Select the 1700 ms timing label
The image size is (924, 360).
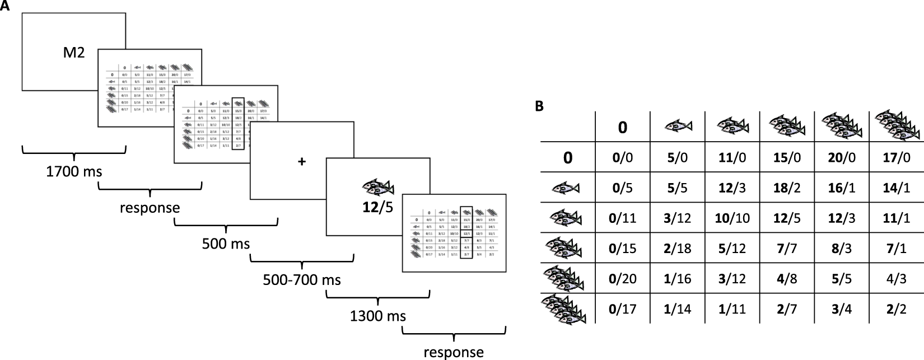[x=74, y=171]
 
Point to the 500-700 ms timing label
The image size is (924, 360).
[x=302, y=279]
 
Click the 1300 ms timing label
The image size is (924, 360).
[x=378, y=316]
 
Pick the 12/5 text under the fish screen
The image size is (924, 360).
[x=377, y=207]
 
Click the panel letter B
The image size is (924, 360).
[x=539, y=106]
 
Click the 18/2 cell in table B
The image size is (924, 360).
[x=786, y=188]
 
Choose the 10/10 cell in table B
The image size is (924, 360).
[x=732, y=218]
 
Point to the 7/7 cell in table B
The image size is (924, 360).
[x=786, y=247]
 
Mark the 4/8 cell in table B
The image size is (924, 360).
[x=786, y=278]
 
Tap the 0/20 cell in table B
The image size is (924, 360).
[x=623, y=278]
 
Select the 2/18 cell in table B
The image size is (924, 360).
[x=677, y=247]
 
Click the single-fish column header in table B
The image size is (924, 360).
[x=677, y=126]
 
